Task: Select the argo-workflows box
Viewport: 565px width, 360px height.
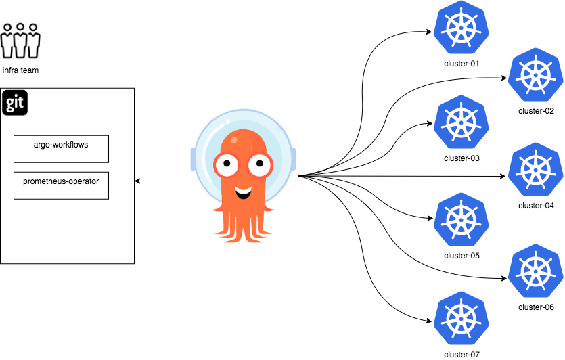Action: (61, 148)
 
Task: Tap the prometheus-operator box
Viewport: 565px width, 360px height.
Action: (61, 185)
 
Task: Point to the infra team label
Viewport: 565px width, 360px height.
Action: (20, 70)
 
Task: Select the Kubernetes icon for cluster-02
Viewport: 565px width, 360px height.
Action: (536, 76)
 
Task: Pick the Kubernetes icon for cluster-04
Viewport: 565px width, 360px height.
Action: (536, 171)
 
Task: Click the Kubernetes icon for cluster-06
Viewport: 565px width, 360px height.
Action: (536, 271)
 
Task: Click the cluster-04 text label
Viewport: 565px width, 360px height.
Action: (536, 205)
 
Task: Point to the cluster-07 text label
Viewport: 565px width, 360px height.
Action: (462, 354)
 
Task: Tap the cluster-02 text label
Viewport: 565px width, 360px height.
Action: (536, 110)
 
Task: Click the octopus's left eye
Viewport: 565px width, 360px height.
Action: (224, 163)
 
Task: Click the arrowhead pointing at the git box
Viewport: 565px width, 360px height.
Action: (138, 181)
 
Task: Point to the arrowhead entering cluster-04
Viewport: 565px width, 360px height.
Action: (503, 177)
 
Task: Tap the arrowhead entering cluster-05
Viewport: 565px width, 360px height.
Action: (430, 218)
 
